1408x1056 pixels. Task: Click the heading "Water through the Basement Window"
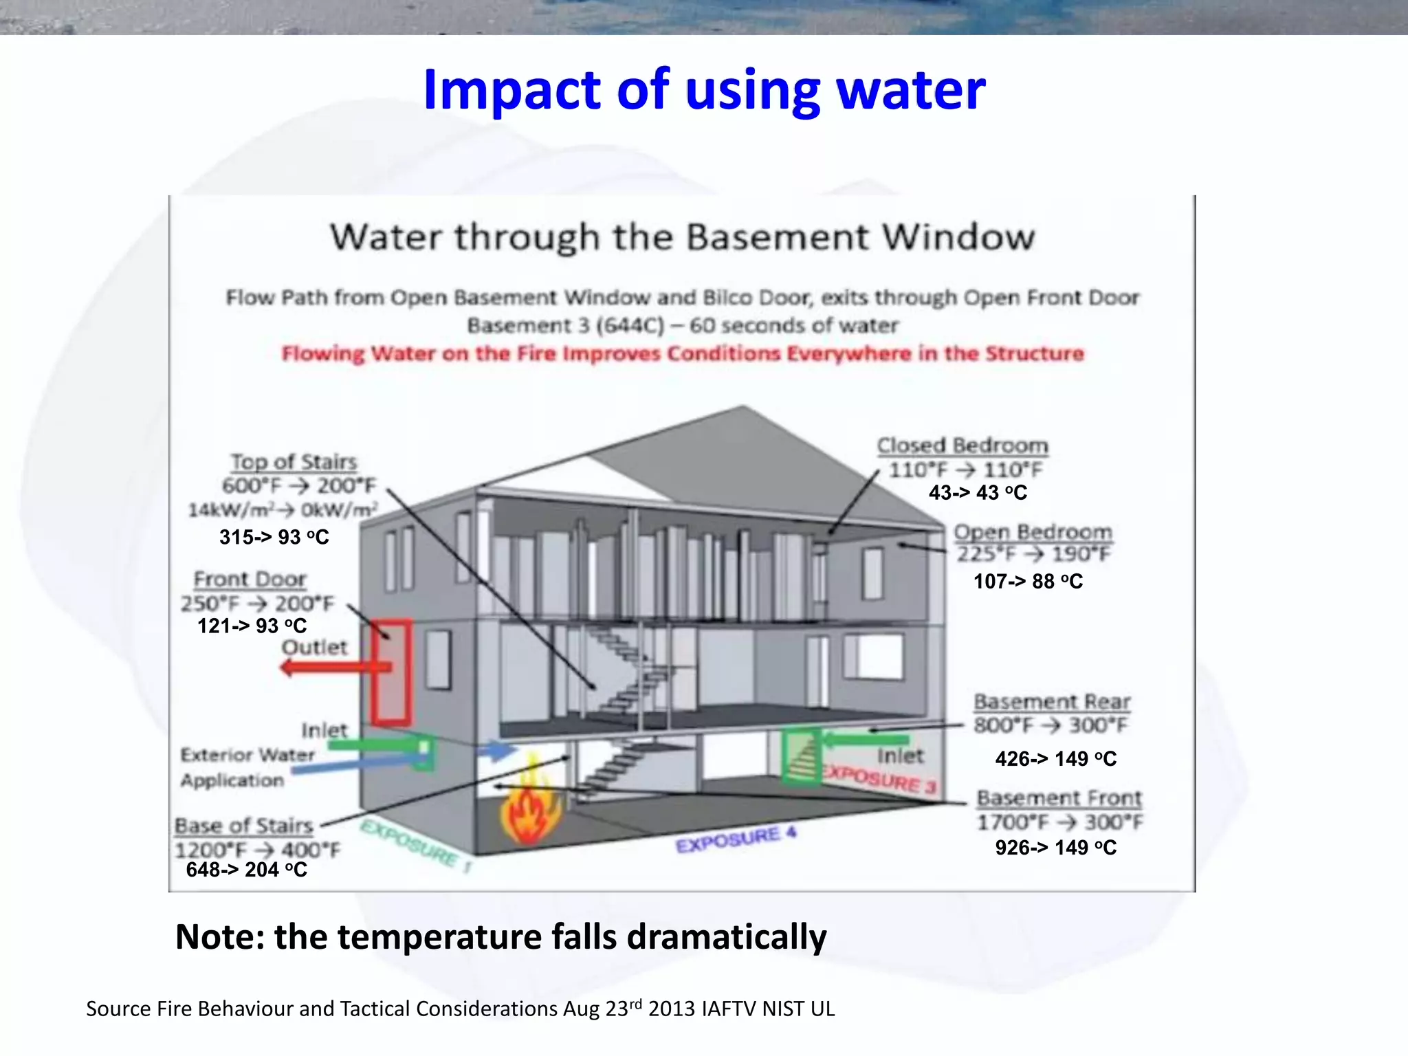(682, 237)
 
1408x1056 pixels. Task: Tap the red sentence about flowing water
(682, 353)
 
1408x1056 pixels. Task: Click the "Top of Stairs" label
(294, 461)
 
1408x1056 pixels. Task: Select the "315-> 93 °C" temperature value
(274, 537)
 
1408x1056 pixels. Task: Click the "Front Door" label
(250, 579)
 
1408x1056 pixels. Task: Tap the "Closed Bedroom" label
(962, 445)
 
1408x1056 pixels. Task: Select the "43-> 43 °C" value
(978, 492)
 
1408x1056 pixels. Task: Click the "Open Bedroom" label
(1033, 531)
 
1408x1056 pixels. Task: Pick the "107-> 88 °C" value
(1028, 582)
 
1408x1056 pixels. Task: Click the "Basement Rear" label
(1052, 701)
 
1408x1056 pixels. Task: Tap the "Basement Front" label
(1059, 797)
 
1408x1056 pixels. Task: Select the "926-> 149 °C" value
(1055, 848)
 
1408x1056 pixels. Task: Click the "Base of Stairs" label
(244, 825)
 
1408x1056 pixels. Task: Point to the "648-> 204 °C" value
(246, 870)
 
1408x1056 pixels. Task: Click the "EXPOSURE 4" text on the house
(736, 840)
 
